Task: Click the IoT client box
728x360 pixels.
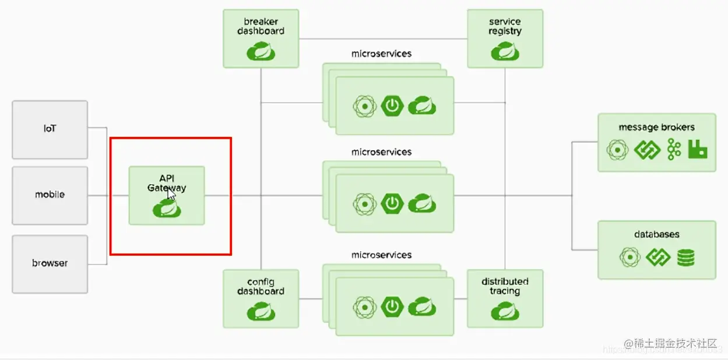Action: point(50,129)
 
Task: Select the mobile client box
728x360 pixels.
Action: point(50,195)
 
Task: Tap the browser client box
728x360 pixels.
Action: point(50,263)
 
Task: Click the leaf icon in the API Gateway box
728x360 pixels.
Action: point(166,209)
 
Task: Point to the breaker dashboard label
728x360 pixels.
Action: point(261,26)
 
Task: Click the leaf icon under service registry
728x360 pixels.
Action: point(505,51)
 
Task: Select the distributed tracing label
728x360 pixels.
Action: point(505,286)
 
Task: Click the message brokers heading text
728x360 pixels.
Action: point(656,127)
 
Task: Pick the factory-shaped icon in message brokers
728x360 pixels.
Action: point(697,150)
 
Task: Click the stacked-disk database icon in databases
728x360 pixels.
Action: point(686,257)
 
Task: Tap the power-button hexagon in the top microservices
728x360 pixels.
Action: point(392,106)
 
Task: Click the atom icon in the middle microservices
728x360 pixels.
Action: point(364,204)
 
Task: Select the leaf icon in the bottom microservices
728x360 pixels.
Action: point(422,306)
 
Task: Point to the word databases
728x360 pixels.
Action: point(656,234)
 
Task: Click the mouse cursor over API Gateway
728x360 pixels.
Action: point(171,194)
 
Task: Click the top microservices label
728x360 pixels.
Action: point(381,54)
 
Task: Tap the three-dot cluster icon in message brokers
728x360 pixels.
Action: point(674,150)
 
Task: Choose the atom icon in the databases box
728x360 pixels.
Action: point(629,257)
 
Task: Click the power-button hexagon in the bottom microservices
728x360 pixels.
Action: point(392,306)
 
